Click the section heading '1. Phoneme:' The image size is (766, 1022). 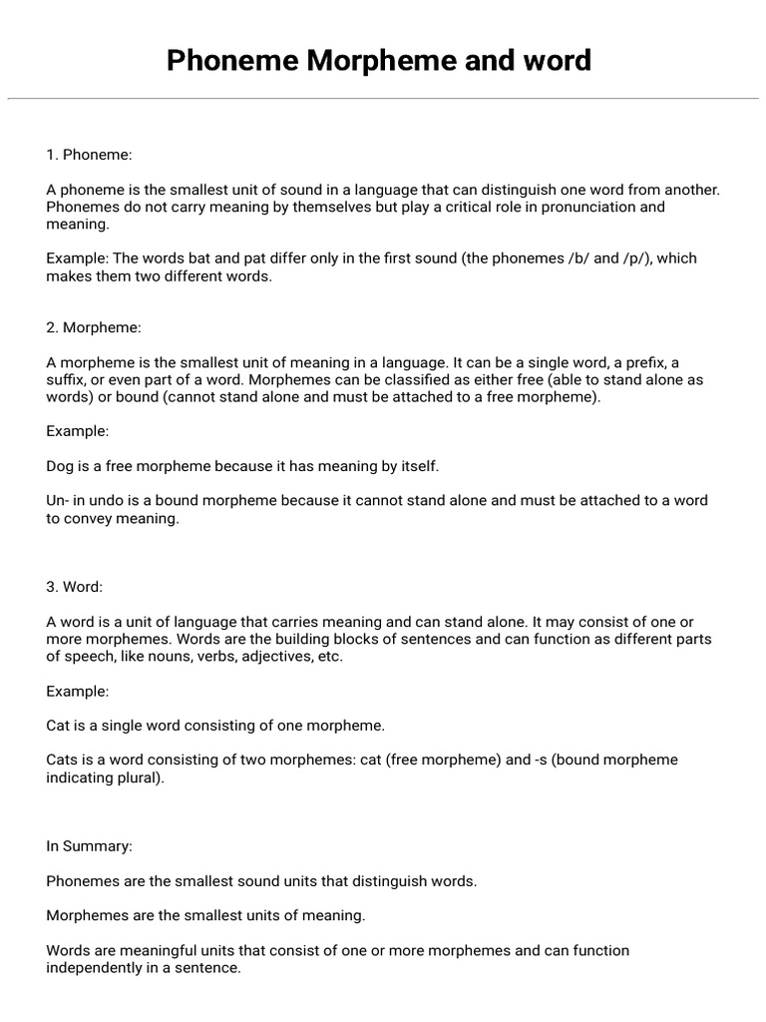click(89, 155)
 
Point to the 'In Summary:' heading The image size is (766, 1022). click(89, 846)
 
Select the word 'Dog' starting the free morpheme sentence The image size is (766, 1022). click(61, 466)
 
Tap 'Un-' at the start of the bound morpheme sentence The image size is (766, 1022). click(59, 501)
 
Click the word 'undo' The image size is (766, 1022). click(104, 501)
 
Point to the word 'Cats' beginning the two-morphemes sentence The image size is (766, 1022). click(63, 761)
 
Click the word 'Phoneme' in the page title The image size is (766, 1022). click(233, 61)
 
